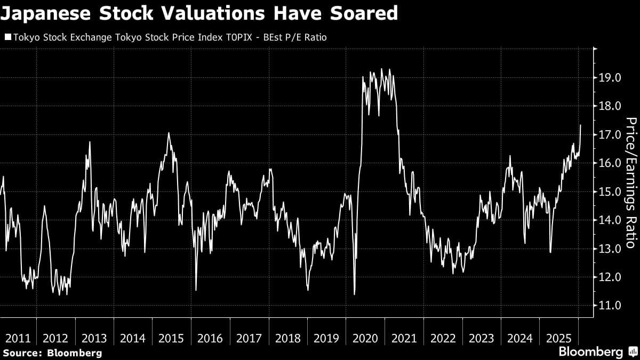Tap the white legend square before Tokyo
(x=7, y=37)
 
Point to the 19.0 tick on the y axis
(x=610, y=78)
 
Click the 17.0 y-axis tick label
(x=610, y=134)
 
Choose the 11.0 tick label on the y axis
(x=610, y=306)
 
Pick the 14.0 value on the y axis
(x=610, y=220)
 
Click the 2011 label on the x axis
(x=18, y=338)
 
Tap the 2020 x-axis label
(x=365, y=338)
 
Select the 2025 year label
(x=558, y=338)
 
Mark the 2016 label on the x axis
(x=211, y=338)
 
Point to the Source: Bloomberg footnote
(x=52, y=353)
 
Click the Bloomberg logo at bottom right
(x=597, y=352)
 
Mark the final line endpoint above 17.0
(x=580, y=125)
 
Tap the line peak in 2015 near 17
(x=169, y=133)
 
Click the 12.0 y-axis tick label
(x=610, y=277)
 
